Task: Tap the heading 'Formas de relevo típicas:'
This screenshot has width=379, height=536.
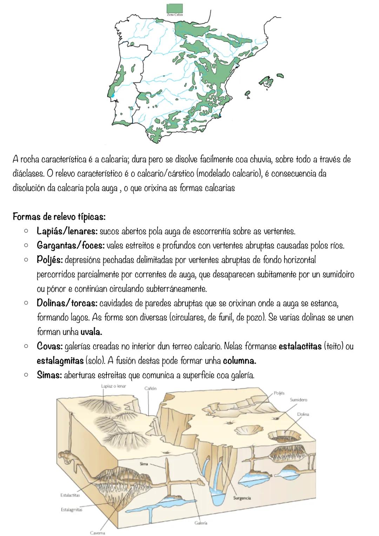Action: [x=59, y=216]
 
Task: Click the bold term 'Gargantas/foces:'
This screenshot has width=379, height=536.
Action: [x=71, y=246]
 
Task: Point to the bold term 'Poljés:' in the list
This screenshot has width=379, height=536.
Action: [x=50, y=260]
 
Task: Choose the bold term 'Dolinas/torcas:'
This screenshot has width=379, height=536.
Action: [x=67, y=303]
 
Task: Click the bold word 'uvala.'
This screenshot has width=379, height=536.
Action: [x=91, y=331]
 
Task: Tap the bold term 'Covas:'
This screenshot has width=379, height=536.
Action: [x=49, y=346]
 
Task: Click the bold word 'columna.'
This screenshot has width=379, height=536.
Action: [x=239, y=361]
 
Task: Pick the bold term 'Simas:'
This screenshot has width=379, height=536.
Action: [x=49, y=375]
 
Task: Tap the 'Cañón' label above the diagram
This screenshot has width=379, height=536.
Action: [x=150, y=388]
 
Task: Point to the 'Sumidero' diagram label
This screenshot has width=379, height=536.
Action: [x=299, y=400]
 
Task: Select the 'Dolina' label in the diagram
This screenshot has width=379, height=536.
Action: [x=303, y=414]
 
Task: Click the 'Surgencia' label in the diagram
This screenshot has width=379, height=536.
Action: [x=242, y=498]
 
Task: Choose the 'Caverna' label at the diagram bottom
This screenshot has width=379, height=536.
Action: [x=97, y=532]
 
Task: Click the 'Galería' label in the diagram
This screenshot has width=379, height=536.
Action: [x=201, y=523]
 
